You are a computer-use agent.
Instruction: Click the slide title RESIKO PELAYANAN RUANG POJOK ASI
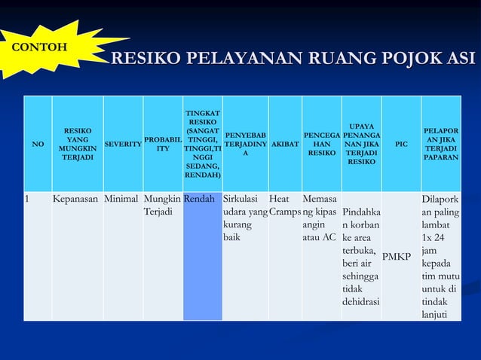pyautogui.click(x=293, y=59)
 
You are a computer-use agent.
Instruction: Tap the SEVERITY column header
pyautogui.click(x=123, y=144)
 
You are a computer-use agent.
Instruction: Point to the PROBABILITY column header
pyautogui.click(x=162, y=144)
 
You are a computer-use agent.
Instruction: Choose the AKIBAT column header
pyautogui.click(x=284, y=143)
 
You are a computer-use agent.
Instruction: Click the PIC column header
pyautogui.click(x=400, y=144)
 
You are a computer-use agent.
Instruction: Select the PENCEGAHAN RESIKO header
pyautogui.click(x=321, y=143)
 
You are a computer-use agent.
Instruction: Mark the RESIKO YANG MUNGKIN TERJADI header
pyautogui.click(x=78, y=144)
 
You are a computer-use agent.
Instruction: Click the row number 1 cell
pyautogui.click(x=28, y=200)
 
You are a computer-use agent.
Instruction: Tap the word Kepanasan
pyautogui.click(x=76, y=200)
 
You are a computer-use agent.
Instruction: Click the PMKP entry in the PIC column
pyautogui.click(x=397, y=258)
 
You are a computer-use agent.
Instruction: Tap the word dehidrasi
pyautogui.click(x=360, y=301)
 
